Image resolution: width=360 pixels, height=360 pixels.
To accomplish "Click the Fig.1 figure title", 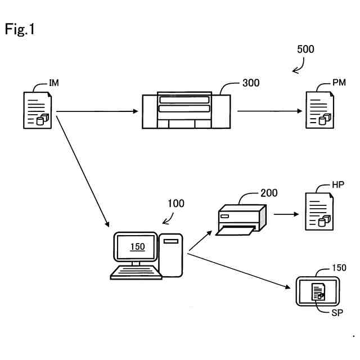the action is coord(20,29).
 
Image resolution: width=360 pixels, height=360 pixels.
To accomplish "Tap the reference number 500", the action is coord(305,49).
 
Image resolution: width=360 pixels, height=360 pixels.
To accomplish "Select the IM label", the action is coord(54,83).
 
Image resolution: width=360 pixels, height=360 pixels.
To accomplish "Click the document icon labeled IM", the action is coord(38,110).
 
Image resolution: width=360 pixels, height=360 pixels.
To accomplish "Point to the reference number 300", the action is coord(251,83).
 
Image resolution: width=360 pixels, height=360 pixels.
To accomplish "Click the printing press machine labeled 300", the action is coord(186,110).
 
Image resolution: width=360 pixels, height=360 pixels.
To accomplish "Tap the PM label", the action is coord(339,83).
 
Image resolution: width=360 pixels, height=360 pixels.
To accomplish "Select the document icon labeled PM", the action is coord(320,110).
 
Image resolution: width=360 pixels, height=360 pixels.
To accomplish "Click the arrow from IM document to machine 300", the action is coord(97,111).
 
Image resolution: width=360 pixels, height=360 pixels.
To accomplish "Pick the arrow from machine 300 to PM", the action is coord(270,111).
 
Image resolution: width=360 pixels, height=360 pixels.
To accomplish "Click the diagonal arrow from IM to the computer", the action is coord(83,172).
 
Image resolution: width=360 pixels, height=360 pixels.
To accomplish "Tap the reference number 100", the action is coord(176,204).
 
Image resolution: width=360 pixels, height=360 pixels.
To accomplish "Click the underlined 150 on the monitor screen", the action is coord(137,247).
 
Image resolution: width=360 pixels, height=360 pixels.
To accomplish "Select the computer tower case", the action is coord(171,255).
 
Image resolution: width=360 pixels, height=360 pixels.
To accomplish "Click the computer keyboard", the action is coord(136,272).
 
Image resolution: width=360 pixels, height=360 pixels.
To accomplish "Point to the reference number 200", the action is coord(269,193).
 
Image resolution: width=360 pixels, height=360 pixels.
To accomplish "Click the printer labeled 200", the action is coord(241,220).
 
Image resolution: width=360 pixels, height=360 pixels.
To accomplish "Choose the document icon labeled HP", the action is coord(319,211).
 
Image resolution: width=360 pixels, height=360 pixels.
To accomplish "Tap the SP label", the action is coord(337,313).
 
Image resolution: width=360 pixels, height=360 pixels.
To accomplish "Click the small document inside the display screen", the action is coord(318,291).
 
